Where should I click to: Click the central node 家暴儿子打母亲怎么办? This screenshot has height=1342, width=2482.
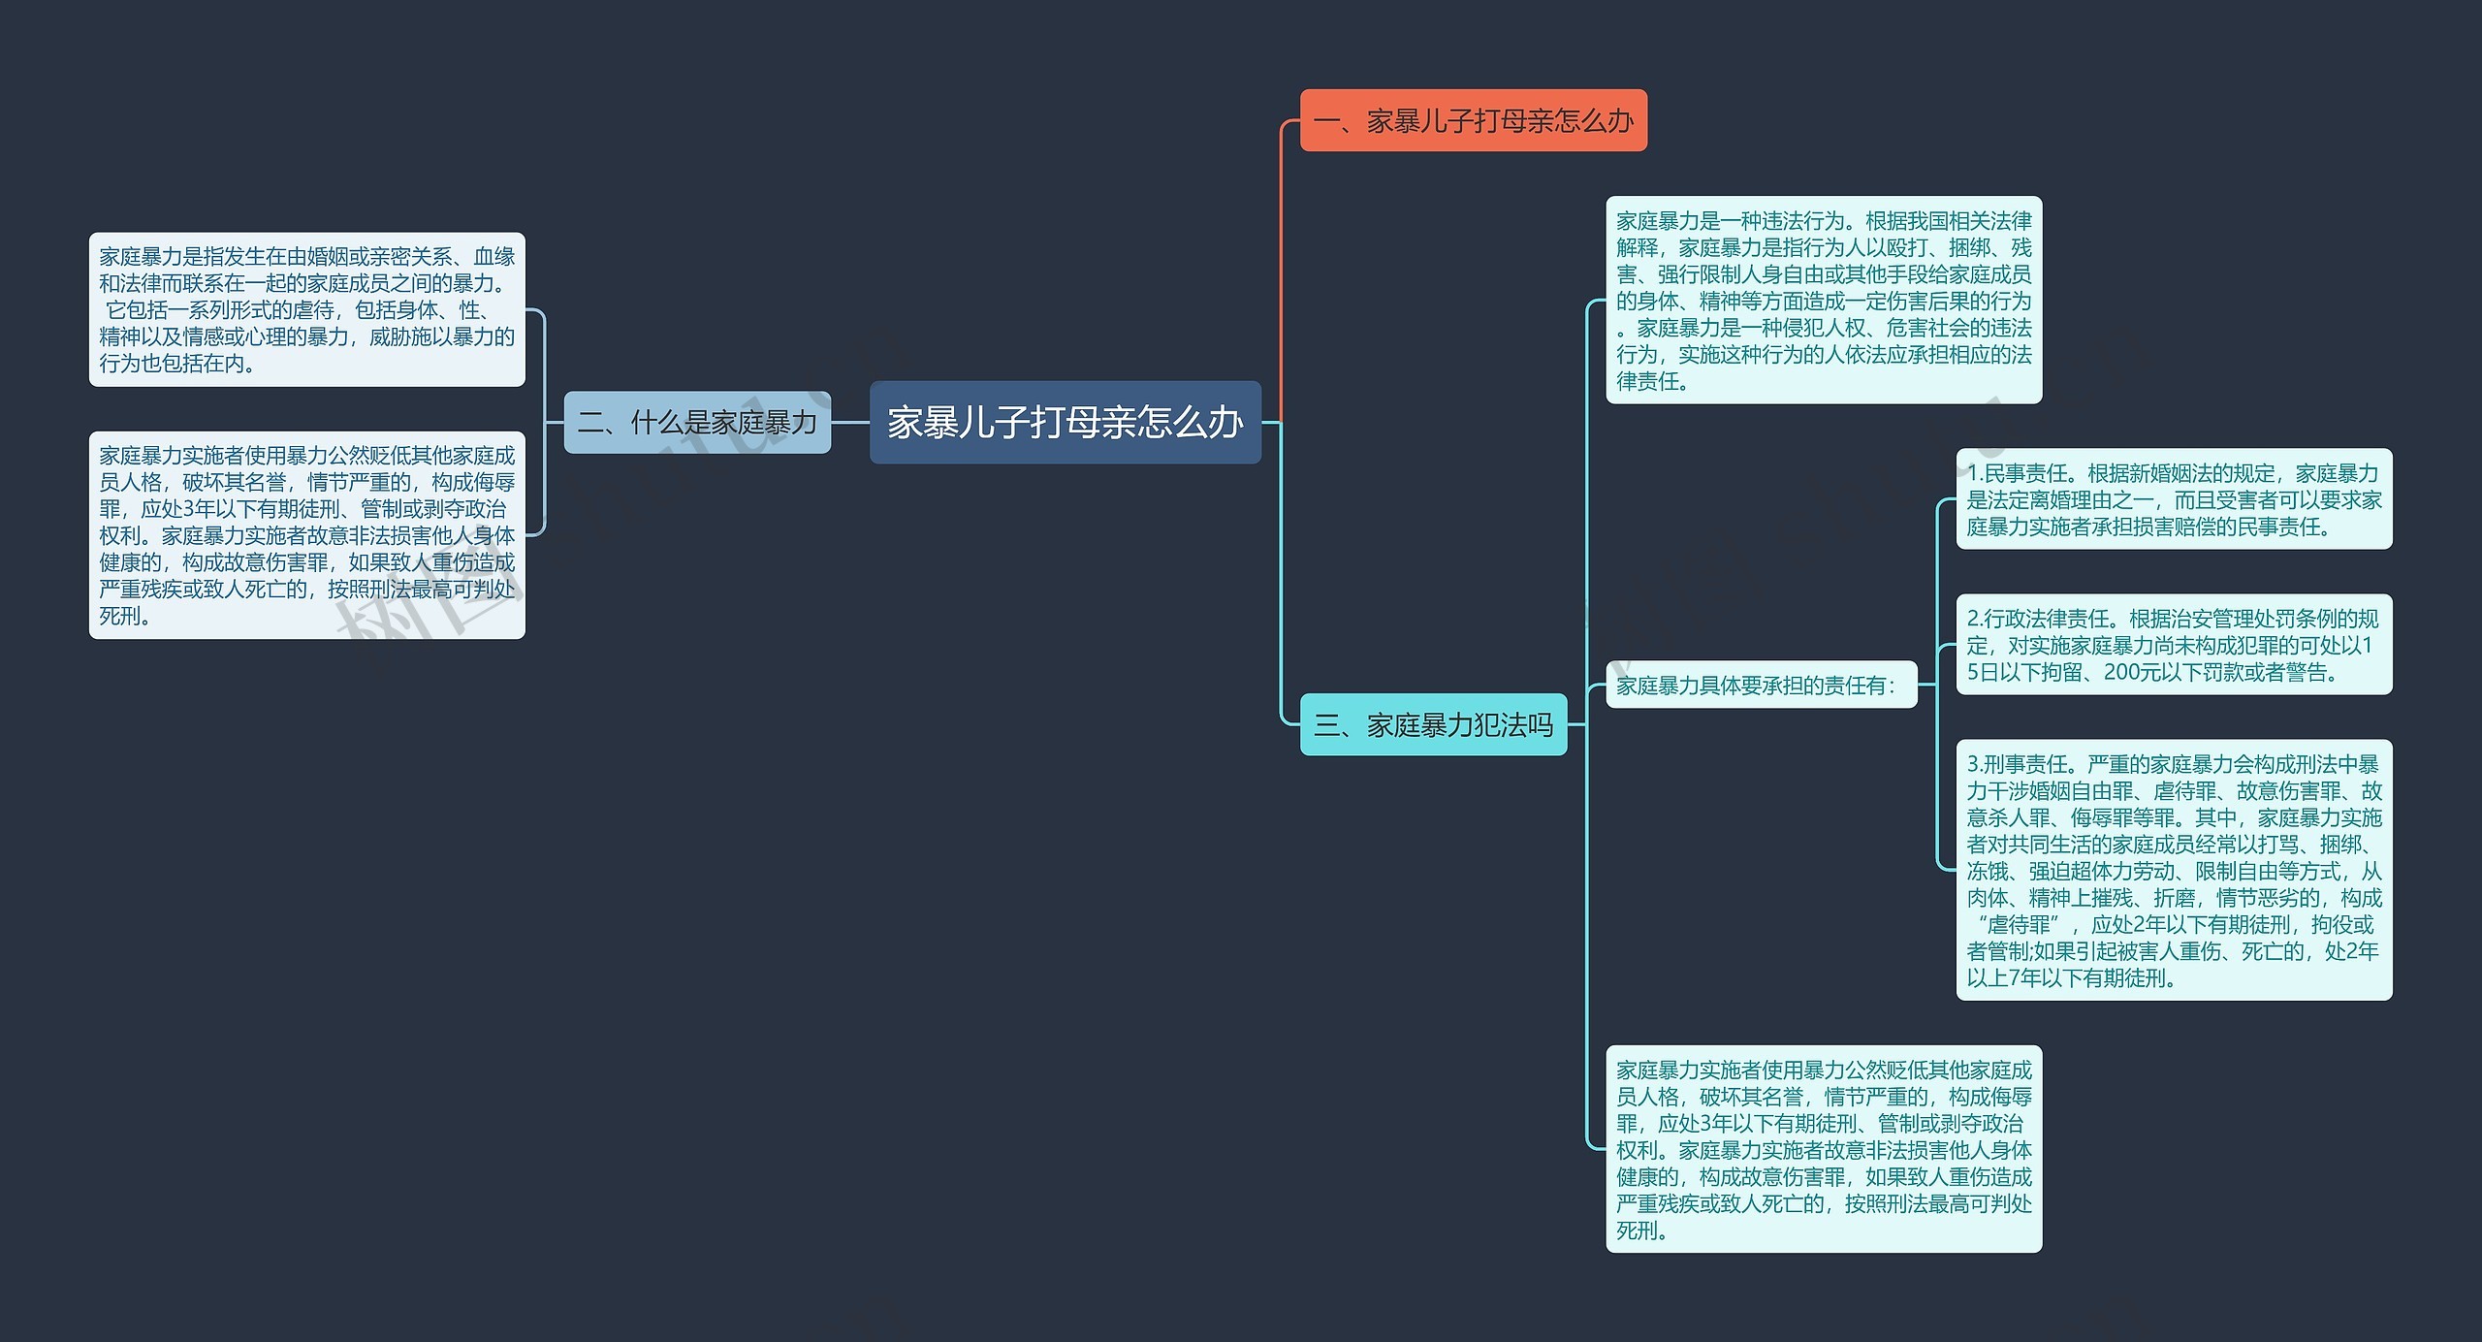coord(1065,423)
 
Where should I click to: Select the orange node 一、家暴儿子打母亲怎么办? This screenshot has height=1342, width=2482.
coord(1473,121)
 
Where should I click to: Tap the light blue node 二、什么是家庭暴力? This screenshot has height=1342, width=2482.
coord(697,423)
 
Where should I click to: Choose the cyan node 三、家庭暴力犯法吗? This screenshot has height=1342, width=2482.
coord(1433,724)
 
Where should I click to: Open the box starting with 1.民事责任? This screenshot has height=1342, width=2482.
coord(2173,499)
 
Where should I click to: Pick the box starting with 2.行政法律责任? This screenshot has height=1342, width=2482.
coord(2173,645)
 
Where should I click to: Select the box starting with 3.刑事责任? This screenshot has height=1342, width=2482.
coord(2173,870)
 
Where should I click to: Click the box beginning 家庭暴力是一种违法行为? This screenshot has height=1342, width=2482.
coord(1823,301)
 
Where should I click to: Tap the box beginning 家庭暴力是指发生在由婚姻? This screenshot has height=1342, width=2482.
coord(306,309)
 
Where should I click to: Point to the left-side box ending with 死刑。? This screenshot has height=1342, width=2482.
coord(306,535)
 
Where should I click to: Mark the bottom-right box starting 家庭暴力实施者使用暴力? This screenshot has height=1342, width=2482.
coord(1823,1149)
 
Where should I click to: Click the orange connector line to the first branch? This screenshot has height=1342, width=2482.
coord(1282,272)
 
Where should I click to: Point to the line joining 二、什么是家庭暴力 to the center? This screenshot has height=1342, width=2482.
coord(850,423)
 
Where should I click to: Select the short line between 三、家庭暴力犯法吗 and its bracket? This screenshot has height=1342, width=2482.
coord(1576,724)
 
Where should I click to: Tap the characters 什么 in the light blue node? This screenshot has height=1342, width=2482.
coord(657,423)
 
